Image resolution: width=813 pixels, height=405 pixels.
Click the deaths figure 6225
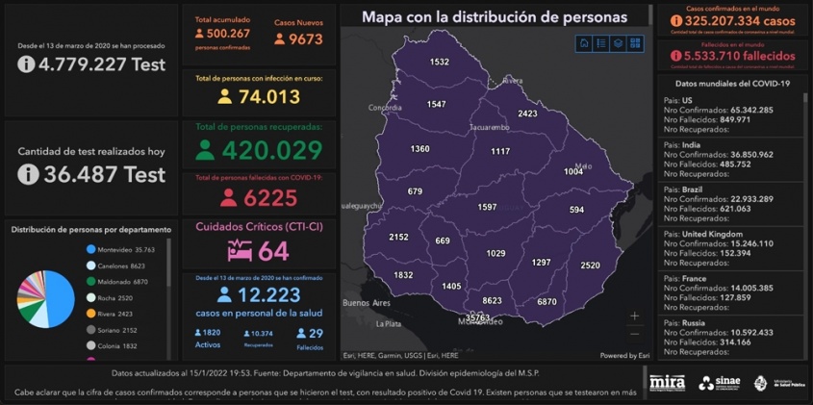click(x=271, y=197)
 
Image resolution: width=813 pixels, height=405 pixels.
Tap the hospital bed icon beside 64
click(x=239, y=251)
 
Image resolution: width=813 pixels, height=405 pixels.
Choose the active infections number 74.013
click(x=269, y=96)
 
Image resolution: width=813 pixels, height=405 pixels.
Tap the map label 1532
click(x=440, y=62)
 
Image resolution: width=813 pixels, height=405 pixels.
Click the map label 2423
click(x=527, y=114)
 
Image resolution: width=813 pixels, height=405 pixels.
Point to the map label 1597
click(x=487, y=207)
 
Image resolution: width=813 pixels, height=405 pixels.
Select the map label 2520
click(x=591, y=265)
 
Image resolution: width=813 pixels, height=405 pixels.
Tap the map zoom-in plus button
click(x=634, y=316)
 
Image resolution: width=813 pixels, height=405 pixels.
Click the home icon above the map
click(x=584, y=43)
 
